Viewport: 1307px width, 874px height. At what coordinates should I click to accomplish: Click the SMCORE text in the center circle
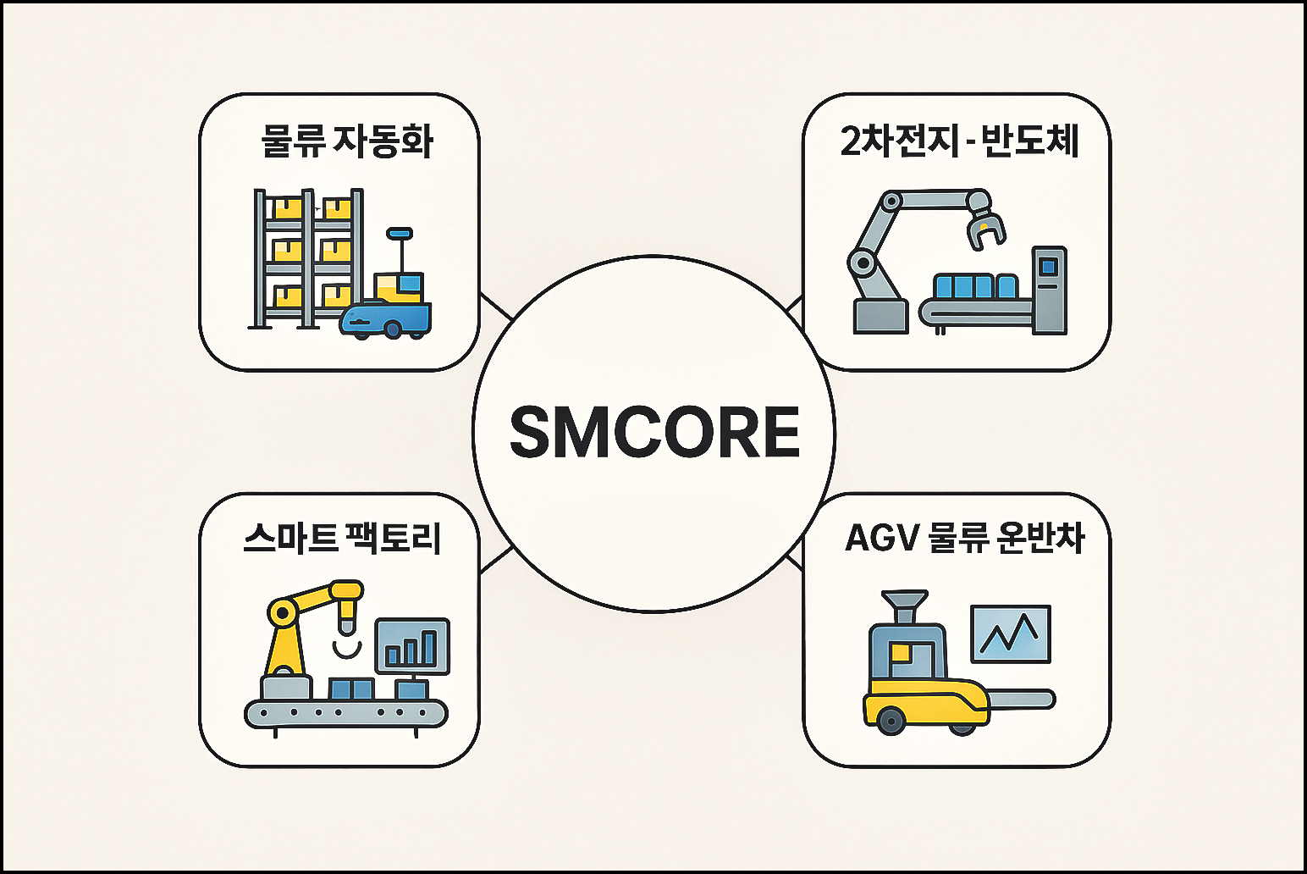pyautogui.click(x=654, y=432)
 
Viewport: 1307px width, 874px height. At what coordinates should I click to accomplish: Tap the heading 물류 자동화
pyautogui.click(x=347, y=141)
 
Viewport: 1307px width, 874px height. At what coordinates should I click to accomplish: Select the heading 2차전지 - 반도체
pyautogui.click(x=959, y=141)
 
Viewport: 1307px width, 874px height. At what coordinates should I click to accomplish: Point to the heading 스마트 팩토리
pyautogui.click(x=343, y=538)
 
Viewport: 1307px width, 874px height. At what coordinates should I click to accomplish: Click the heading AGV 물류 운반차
pyautogui.click(x=964, y=538)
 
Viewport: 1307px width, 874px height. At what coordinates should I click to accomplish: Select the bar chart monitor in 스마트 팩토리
pyautogui.click(x=411, y=646)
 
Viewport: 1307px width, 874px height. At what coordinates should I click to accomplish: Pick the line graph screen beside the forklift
pyautogui.click(x=1011, y=633)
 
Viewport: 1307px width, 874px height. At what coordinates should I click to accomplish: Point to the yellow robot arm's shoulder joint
pyautogui.click(x=282, y=612)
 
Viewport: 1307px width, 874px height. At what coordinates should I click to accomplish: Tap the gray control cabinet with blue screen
pyautogui.click(x=1049, y=290)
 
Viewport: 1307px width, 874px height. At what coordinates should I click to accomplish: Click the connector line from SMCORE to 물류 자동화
pyautogui.click(x=496, y=307)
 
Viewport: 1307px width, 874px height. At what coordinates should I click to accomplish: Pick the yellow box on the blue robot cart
pyautogui.click(x=398, y=286)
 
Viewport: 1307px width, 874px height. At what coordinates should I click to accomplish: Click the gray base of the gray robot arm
pyautogui.click(x=880, y=316)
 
